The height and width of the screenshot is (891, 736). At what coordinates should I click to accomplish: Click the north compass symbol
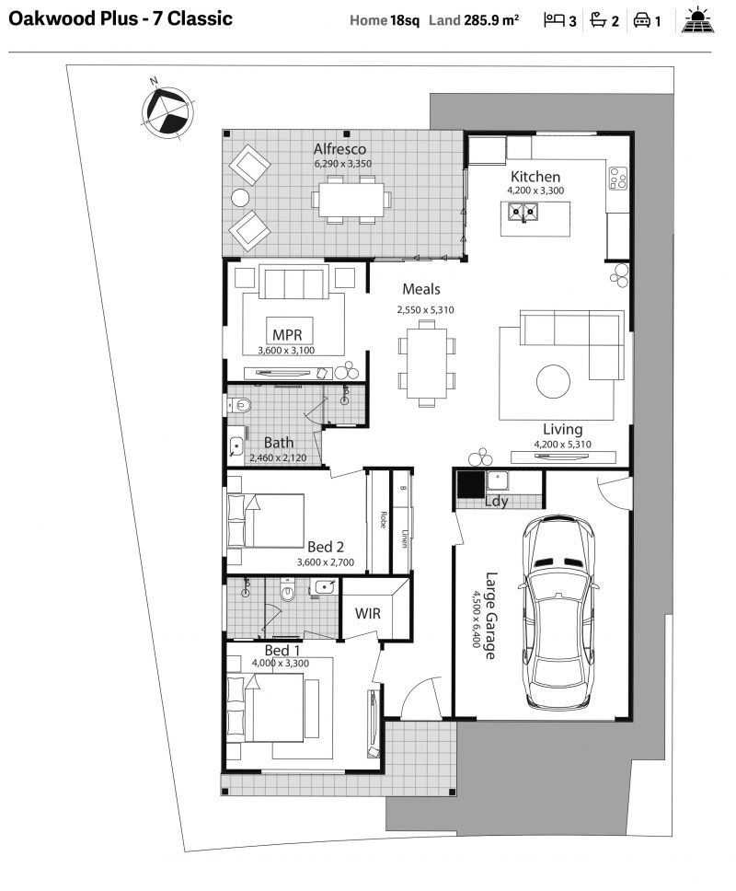click(x=167, y=110)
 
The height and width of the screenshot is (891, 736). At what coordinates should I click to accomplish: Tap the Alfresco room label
click(x=339, y=149)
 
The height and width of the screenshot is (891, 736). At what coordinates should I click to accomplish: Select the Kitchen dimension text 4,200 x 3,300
click(x=535, y=191)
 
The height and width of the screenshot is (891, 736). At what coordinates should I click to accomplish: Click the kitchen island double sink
click(x=523, y=213)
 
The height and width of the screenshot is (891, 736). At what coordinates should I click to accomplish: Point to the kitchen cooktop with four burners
click(x=618, y=179)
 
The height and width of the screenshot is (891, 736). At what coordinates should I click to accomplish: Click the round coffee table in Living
click(x=553, y=381)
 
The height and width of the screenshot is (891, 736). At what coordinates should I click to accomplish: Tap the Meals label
click(x=420, y=289)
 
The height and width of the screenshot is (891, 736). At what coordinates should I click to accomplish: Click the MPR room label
click(x=287, y=335)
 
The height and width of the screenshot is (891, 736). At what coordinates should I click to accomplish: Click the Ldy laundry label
click(x=497, y=501)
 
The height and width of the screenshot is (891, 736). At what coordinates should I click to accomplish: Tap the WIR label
click(x=367, y=614)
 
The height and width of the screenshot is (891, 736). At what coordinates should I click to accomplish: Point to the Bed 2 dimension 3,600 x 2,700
click(x=326, y=562)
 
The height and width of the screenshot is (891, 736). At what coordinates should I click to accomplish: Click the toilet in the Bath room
click(x=239, y=405)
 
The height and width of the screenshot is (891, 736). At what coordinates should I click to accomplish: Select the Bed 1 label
click(x=282, y=650)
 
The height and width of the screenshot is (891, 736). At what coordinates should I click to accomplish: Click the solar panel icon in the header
click(x=699, y=21)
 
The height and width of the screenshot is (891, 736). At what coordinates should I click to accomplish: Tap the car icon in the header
click(x=642, y=21)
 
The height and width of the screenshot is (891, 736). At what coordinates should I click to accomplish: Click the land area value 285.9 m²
click(x=491, y=20)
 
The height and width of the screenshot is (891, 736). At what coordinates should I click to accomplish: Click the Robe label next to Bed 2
click(x=384, y=520)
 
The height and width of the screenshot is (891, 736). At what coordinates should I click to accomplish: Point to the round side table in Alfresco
click(x=240, y=198)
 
